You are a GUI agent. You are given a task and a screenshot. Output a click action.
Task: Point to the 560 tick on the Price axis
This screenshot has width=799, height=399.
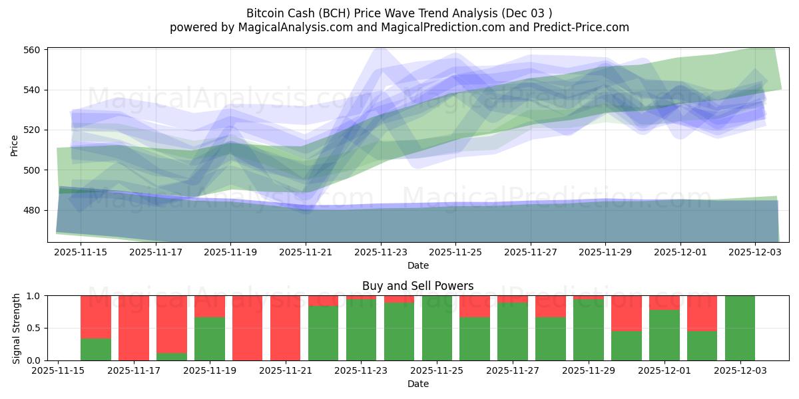(33, 50)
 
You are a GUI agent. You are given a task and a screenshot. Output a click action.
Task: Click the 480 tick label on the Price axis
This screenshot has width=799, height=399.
(33, 210)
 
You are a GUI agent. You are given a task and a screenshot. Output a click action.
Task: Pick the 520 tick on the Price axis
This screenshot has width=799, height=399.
(33, 130)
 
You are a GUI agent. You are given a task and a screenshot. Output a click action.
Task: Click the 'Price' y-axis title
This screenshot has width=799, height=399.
(15, 144)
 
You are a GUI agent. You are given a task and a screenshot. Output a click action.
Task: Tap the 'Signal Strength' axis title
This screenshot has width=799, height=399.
(17, 328)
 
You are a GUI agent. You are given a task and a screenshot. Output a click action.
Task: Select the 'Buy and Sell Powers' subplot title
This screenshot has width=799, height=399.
(417, 286)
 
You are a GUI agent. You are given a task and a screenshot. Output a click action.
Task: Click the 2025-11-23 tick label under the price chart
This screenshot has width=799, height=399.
(381, 253)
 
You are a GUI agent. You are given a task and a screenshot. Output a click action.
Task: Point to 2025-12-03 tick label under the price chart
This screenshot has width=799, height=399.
(755, 253)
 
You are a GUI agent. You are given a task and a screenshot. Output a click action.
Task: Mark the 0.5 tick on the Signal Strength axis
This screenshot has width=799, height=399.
(33, 328)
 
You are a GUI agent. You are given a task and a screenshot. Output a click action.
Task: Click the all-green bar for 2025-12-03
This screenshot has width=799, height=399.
(740, 328)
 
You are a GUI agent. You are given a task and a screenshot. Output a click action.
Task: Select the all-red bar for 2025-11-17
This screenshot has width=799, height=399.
(134, 328)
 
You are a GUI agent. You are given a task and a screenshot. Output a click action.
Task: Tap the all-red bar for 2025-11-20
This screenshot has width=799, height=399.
(248, 328)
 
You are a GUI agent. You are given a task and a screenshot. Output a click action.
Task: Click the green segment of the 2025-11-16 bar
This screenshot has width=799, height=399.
(96, 349)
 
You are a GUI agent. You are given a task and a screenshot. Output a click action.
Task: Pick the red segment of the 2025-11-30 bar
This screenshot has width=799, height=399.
(627, 313)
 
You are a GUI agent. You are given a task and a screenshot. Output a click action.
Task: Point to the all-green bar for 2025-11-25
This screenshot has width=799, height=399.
(437, 328)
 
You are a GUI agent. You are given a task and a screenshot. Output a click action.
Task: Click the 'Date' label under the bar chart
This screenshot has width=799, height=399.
(417, 384)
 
